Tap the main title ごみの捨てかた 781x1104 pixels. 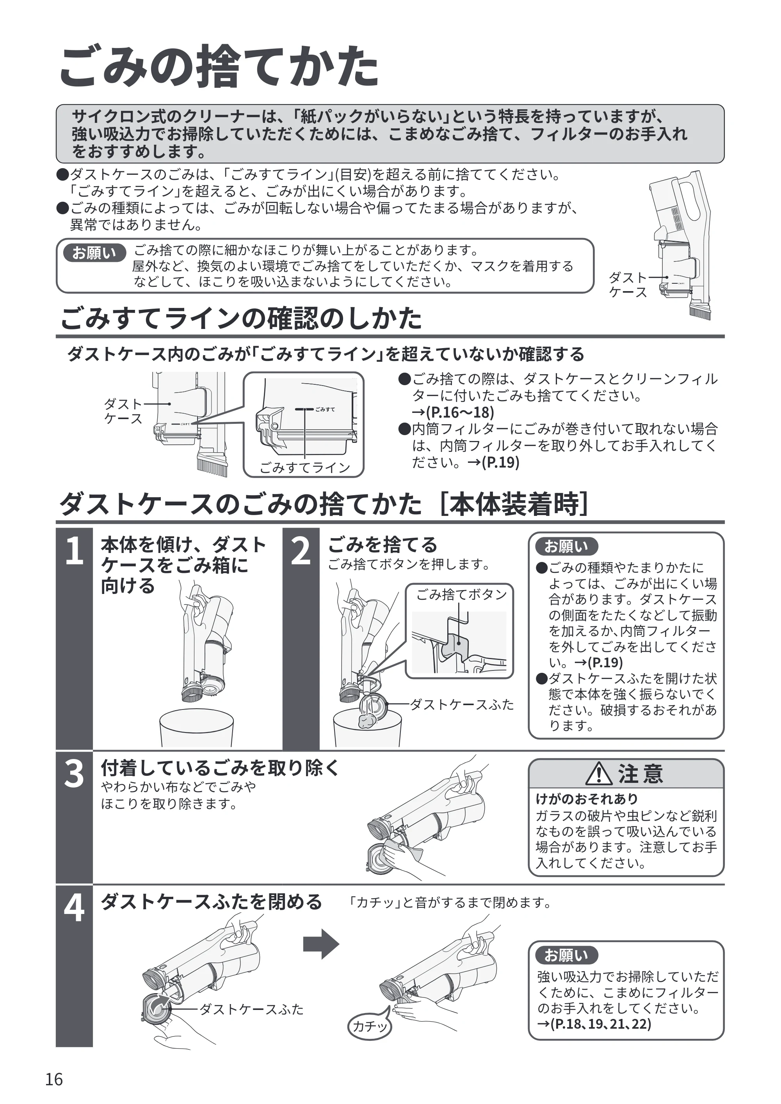tap(219, 66)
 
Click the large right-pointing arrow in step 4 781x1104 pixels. tap(321, 944)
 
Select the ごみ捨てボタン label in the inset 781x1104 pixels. tap(461, 595)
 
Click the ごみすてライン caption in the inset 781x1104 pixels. tap(305, 468)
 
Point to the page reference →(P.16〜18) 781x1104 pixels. tap(453, 412)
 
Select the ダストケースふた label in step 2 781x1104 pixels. tap(462, 705)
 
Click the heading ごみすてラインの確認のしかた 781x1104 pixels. tap(241, 318)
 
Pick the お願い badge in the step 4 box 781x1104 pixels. tap(566, 955)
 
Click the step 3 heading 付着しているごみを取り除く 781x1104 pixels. tap(220, 768)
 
